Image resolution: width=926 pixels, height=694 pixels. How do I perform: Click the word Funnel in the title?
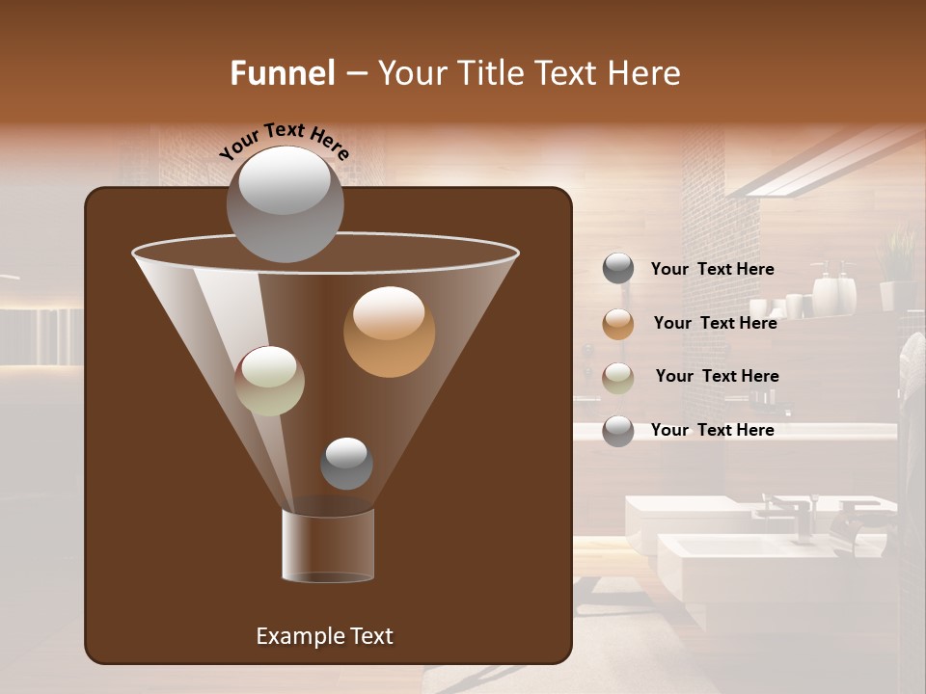click(283, 73)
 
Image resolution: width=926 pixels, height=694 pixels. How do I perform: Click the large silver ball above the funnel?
click(285, 204)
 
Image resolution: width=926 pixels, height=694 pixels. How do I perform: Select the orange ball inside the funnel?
click(389, 332)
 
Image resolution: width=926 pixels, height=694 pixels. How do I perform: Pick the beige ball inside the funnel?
click(270, 381)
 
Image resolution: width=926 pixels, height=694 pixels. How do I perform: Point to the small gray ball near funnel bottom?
click(346, 464)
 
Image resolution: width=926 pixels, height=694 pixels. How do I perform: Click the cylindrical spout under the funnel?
click(328, 546)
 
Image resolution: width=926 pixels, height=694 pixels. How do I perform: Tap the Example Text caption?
click(324, 636)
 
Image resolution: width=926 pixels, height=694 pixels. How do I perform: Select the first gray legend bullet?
click(618, 269)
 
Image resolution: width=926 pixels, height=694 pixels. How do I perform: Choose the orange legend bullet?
click(618, 324)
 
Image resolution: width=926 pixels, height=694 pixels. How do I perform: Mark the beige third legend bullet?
click(618, 377)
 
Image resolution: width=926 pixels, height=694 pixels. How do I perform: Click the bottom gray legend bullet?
click(618, 431)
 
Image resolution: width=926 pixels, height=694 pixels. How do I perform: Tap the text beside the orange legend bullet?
click(715, 323)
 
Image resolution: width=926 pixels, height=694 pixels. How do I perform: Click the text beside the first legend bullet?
click(713, 269)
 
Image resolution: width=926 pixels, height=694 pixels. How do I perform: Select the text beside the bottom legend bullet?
click(713, 430)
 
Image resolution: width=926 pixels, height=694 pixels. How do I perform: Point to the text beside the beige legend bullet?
click(717, 376)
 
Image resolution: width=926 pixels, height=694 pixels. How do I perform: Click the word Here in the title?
click(644, 73)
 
